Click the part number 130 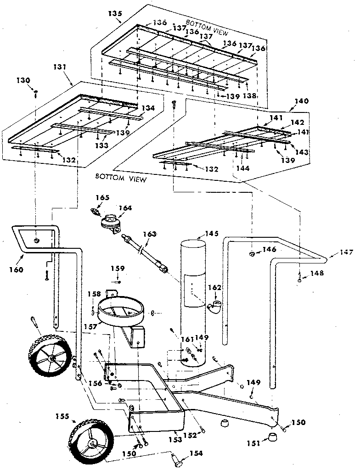coord(23,80)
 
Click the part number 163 coord(150,234)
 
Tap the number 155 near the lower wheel coord(61,417)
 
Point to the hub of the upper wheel coord(53,358)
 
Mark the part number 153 coord(172,433)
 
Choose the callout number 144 coord(243,168)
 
